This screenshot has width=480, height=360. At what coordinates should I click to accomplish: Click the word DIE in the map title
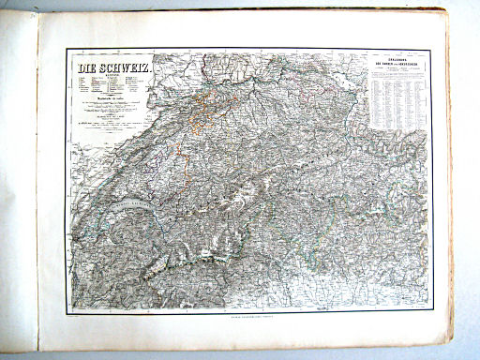(86, 69)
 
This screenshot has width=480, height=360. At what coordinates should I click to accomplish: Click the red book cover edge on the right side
(452, 187)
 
